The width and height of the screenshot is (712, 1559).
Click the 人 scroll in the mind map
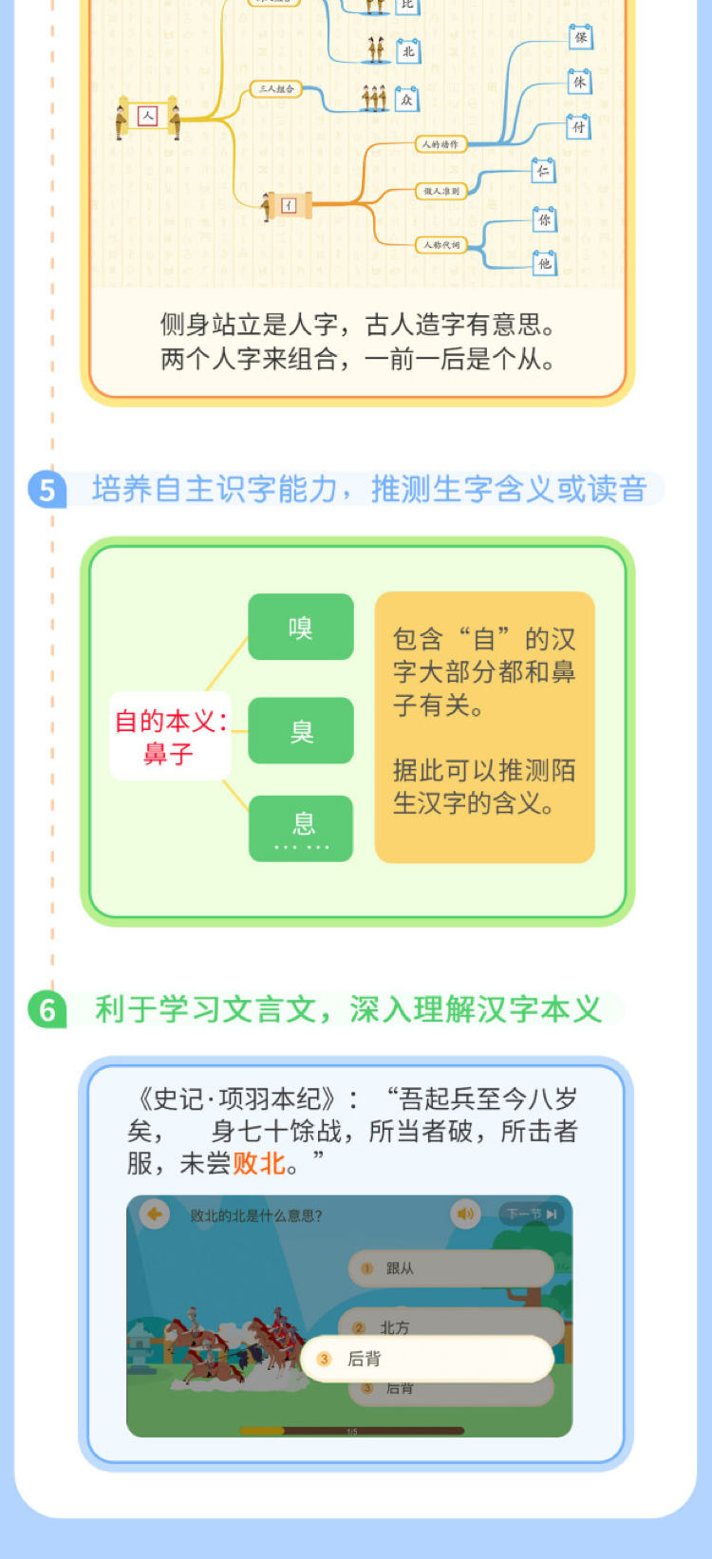pos(147,116)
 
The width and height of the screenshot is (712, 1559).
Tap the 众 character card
pos(406,99)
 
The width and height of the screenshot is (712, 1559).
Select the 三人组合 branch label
pos(276,89)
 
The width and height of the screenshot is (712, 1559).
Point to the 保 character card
pos(580,37)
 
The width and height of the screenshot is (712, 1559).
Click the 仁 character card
pos(542,171)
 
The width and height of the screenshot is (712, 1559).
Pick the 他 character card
pos(544,263)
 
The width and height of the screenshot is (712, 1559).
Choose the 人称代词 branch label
pos(440,245)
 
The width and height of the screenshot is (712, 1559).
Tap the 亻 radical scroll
pos(289,205)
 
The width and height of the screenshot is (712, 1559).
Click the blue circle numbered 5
pos(47,490)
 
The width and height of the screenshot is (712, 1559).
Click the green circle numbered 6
pos(47,1009)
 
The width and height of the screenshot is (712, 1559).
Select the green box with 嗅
pos(301,628)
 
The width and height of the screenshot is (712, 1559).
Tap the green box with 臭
pos(301,731)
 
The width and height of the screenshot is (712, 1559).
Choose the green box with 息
pos(301,827)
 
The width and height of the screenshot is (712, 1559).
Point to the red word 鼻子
pos(168,754)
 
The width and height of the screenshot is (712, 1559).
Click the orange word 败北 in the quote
pos(259,1163)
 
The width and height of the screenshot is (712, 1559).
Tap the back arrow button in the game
pos(154,1213)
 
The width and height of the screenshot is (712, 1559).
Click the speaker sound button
pos(465,1213)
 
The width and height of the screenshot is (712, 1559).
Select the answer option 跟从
pos(451,1268)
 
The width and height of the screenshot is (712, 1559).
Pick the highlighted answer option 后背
pos(427,1359)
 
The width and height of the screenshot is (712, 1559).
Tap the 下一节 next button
pos(532,1213)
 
